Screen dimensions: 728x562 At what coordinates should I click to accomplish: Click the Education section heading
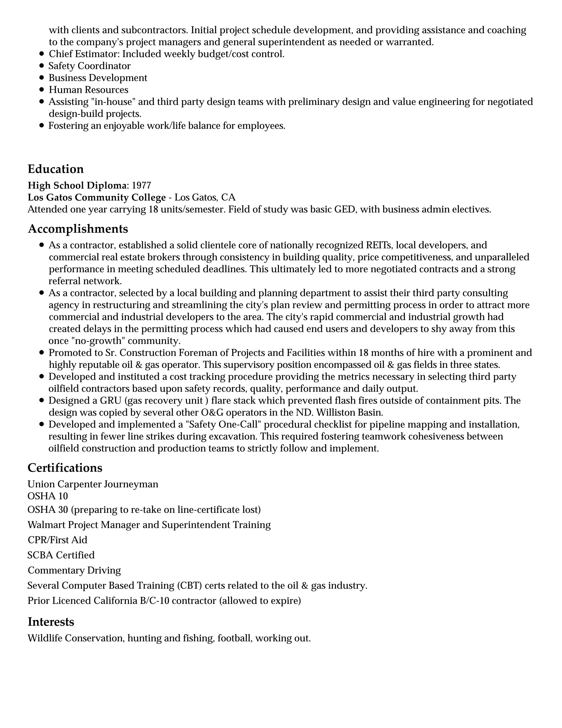click(x=56, y=169)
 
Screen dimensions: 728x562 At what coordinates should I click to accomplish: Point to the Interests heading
click(x=50, y=622)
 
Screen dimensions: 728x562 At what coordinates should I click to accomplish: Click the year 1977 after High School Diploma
click(x=142, y=185)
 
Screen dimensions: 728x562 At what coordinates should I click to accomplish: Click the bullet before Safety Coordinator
click(x=42, y=66)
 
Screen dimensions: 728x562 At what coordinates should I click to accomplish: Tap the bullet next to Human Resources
click(x=42, y=90)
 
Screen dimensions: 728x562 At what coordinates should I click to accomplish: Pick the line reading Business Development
click(x=98, y=78)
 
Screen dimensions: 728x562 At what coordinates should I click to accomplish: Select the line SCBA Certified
click(x=61, y=555)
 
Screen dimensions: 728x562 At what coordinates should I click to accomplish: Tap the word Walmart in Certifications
click(x=47, y=525)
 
